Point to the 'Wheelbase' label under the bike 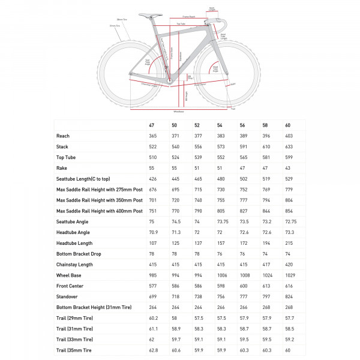point(178,111)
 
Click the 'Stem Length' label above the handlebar point(212,9)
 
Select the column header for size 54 point(220,125)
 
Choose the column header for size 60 point(288,125)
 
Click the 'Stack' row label point(62,146)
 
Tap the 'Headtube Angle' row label point(74,232)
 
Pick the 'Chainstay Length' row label point(74,264)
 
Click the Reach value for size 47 point(152,136)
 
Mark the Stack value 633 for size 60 point(289,146)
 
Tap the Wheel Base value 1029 point(290,275)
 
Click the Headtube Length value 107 point(152,242)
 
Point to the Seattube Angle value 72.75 point(290,221)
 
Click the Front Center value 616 point(289,286)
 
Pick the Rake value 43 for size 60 point(288,167)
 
